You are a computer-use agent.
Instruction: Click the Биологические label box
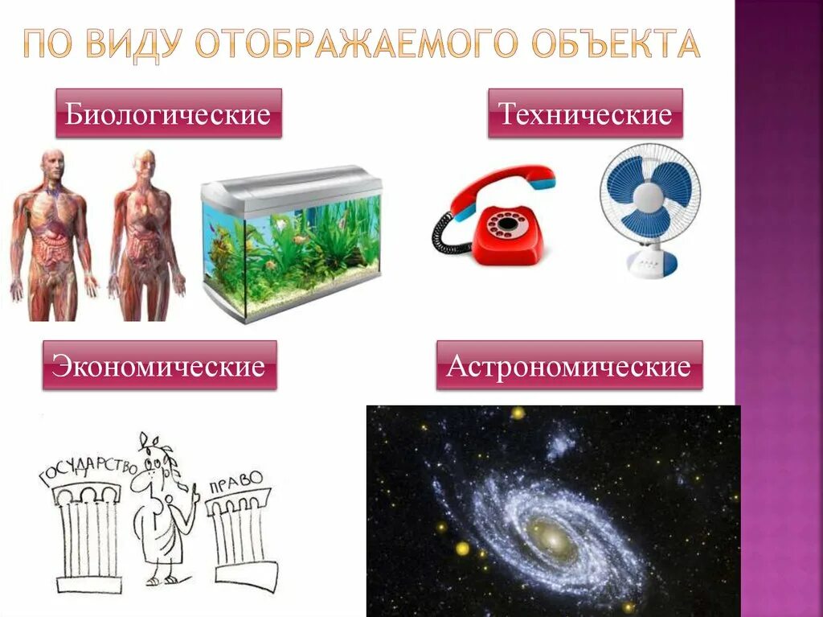point(168,113)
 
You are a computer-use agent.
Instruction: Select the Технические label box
point(585,113)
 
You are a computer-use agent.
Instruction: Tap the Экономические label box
point(158,366)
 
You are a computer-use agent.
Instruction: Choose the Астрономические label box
point(569,366)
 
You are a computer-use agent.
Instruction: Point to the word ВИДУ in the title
point(138,45)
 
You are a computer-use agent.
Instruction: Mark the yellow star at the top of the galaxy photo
point(518,413)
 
